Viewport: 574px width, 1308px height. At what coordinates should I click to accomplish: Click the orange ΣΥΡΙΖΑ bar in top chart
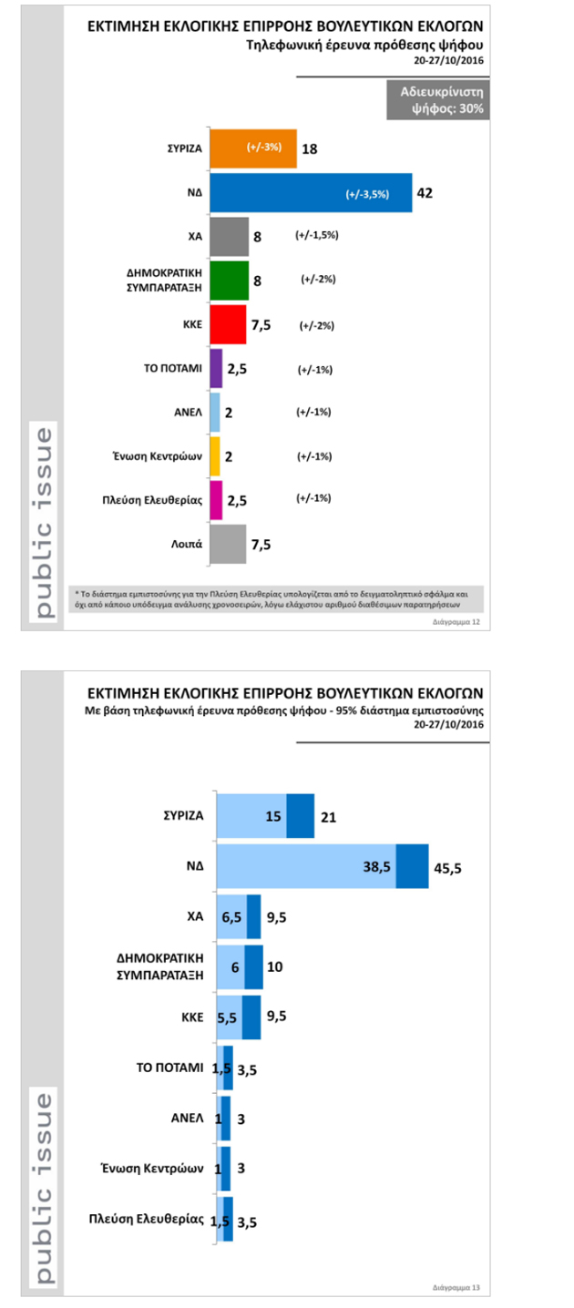coord(252,148)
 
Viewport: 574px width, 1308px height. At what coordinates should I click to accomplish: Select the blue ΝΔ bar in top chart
coord(310,192)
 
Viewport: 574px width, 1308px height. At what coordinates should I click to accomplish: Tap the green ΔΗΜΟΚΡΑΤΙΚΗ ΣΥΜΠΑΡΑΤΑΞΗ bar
coord(229,281)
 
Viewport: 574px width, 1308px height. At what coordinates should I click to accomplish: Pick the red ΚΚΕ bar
coord(228,324)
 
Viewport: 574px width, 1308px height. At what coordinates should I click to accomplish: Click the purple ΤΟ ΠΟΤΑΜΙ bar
coord(216,368)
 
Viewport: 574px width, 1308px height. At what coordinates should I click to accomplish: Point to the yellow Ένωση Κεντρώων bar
coord(215,455)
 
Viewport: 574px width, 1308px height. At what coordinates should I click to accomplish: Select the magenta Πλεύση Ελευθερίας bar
coord(216,499)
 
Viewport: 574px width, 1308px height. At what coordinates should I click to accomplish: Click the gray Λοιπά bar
coord(228,544)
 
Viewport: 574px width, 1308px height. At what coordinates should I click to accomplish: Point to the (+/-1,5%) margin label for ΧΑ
coord(317,235)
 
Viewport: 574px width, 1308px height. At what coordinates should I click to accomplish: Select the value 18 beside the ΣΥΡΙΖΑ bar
coord(309,148)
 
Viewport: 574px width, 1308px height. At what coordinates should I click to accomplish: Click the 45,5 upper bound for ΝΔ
coord(447,868)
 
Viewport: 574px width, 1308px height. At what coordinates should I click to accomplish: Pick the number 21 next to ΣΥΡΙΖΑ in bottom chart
coord(328,817)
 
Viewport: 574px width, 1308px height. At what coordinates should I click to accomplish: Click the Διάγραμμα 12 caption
coord(456,621)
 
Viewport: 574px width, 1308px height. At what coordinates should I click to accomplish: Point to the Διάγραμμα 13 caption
coord(456,1288)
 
